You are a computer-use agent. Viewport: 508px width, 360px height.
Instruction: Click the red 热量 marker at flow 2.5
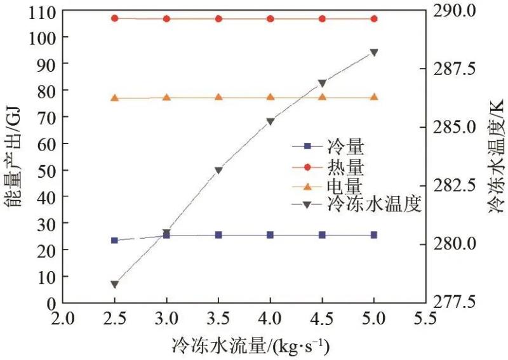[x=114, y=18]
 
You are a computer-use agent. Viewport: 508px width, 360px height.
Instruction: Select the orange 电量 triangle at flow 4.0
[x=271, y=97]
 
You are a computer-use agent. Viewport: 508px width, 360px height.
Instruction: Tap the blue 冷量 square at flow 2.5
[x=114, y=240]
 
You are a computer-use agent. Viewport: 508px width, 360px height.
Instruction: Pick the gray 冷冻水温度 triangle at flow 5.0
[x=374, y=53]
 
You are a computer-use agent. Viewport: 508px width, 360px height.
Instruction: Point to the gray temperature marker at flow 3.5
[x=218, y=170]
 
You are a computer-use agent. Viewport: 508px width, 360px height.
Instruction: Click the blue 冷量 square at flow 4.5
[x=322, y=235]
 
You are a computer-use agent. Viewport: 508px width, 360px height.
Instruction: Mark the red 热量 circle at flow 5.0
[x=374, y=18]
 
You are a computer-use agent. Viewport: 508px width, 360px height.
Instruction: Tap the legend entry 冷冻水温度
[x=375, y=205]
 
